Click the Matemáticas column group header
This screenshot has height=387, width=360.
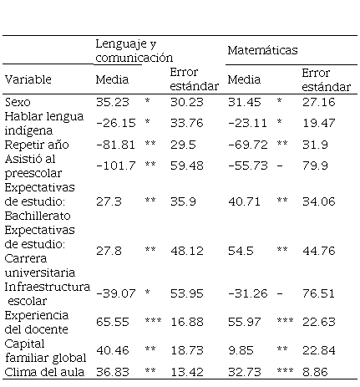(x=262, y=50)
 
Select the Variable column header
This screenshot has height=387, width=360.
(x=28, y=79)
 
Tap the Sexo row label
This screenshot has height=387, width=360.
(x=18, y=102)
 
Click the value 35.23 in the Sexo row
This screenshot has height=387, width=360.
(x=113, y=102)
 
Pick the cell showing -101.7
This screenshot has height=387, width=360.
(x=116, y=165)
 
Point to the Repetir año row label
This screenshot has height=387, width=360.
(x=37, y=145)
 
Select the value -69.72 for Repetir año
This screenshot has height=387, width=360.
(x=248, y=145)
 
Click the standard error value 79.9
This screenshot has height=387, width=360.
(x=315, y=165)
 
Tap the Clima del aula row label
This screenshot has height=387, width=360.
(x=44, y=372)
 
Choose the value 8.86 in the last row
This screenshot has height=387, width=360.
(x=315, y=372)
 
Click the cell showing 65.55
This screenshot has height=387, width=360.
(x=113, y=322)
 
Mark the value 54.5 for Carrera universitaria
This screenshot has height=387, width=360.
(x=241, y=251)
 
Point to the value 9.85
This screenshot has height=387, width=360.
(x=241, y=350)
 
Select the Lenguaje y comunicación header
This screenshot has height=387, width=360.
(x=134, y=51)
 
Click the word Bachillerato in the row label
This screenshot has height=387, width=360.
(x=38, y=216)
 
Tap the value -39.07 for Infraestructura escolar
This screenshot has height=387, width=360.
(x=116, y=293)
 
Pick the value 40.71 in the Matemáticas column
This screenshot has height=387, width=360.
(x=244, y=201)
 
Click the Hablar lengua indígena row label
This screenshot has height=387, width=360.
(x=44, y=124)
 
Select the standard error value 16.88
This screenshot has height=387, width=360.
(x=187, y=322)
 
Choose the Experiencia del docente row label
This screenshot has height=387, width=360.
(x=37, y=323)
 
